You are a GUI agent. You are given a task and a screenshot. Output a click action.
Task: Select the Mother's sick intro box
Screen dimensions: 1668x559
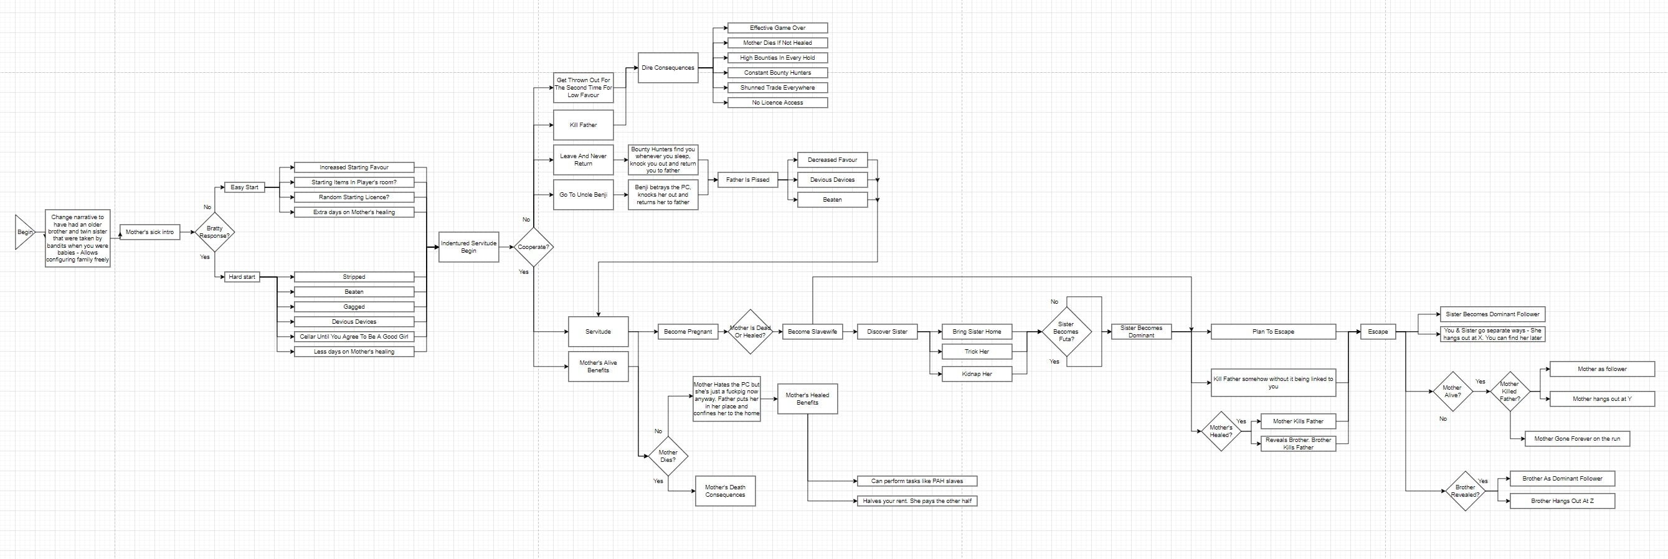click(149, 232)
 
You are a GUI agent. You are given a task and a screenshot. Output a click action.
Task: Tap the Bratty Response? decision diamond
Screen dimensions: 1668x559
click(214, 232)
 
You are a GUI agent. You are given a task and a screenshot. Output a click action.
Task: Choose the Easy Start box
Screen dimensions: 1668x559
click(244, 187)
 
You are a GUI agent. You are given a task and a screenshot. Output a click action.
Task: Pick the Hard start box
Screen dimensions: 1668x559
click(242, 277)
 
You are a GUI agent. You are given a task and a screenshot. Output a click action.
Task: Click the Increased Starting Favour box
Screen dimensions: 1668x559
click(354, 167)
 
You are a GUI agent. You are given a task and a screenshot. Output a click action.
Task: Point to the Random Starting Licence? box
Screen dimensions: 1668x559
click(354, 197)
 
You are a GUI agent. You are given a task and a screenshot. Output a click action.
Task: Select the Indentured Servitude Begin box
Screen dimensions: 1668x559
click(469, 247)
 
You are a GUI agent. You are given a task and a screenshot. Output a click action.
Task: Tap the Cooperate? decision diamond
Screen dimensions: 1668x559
click(534, 247)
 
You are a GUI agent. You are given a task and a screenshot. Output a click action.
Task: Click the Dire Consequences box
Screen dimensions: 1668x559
click(668, 68)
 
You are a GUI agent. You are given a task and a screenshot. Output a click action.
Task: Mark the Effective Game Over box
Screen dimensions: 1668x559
click(778, 28)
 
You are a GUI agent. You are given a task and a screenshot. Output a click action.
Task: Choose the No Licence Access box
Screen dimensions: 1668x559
click(778, 103)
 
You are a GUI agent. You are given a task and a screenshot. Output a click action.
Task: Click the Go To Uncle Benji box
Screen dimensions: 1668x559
click(583, 195)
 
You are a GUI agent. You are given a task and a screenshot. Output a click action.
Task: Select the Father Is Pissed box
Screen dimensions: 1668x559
click(748, 180)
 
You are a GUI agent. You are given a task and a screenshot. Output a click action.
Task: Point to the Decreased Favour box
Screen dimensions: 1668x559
click(832, 160)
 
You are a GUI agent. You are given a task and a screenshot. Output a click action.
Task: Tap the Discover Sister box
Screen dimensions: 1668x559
click(887, 332)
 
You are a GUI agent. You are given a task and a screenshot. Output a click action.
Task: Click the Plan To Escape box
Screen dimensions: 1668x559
click(1273, 332)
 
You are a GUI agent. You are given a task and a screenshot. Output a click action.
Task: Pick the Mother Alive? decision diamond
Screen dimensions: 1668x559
click(1452, 392)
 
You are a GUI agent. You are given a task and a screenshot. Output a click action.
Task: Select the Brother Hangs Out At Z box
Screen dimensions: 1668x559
click(1562, 500)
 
